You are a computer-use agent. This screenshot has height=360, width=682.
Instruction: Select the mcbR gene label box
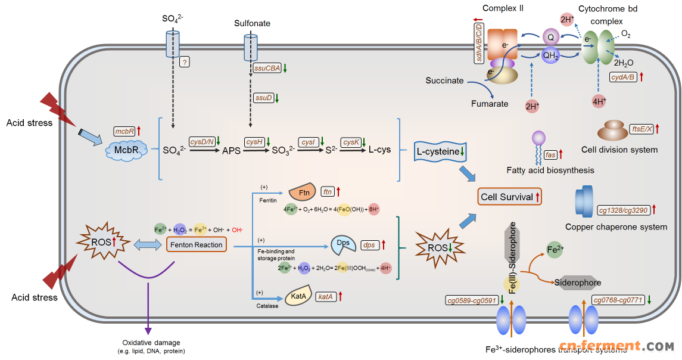pos(124,130)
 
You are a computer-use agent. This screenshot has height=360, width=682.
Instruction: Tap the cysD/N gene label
pos(201,141)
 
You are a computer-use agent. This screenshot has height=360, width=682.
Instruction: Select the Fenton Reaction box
pos(197,244)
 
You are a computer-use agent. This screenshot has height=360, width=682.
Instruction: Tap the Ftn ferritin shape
pos(301,193)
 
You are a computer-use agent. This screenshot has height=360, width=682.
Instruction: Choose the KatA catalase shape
pos(298,296)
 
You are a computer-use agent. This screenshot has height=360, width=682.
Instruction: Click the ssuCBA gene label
pos(267,69)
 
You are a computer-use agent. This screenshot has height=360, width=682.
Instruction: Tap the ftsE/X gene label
pos(641,128)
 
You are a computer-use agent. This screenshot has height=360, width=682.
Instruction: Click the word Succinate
pos(444,80)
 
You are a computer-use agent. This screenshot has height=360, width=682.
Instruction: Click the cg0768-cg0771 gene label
pos(617,300)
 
